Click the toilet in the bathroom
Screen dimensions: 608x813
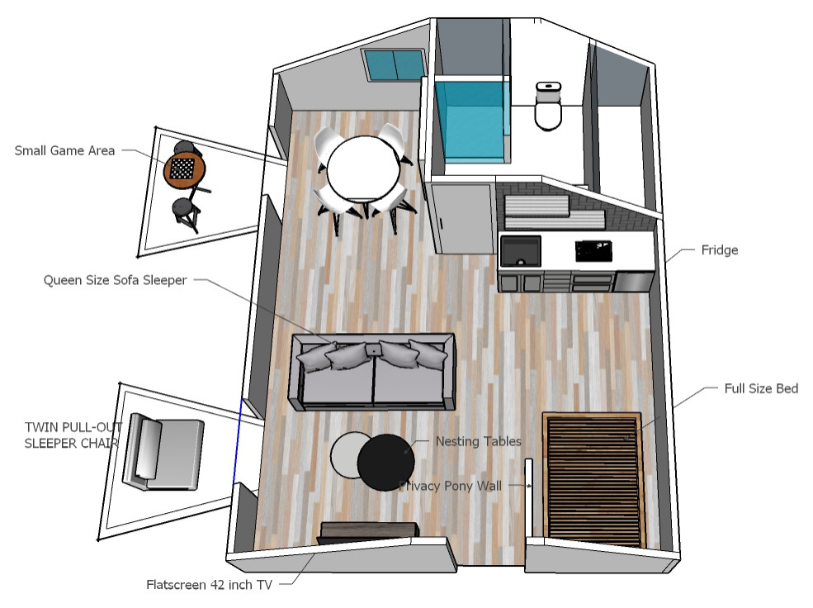tap(548, 107)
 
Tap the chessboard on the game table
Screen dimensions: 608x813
tap(183, 169)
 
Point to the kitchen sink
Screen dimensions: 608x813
tap(521, 250)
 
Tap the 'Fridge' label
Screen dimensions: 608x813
tap(719, 249)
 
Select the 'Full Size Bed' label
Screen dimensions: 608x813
tap(760, 388)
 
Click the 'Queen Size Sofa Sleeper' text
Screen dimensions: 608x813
tap(115, 280)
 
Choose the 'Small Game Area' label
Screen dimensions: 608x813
tap(64, 150)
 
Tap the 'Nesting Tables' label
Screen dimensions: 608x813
tap(478, 441)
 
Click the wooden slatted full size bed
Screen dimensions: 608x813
tap(592, 479)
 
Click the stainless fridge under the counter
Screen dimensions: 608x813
tap(632, 282)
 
